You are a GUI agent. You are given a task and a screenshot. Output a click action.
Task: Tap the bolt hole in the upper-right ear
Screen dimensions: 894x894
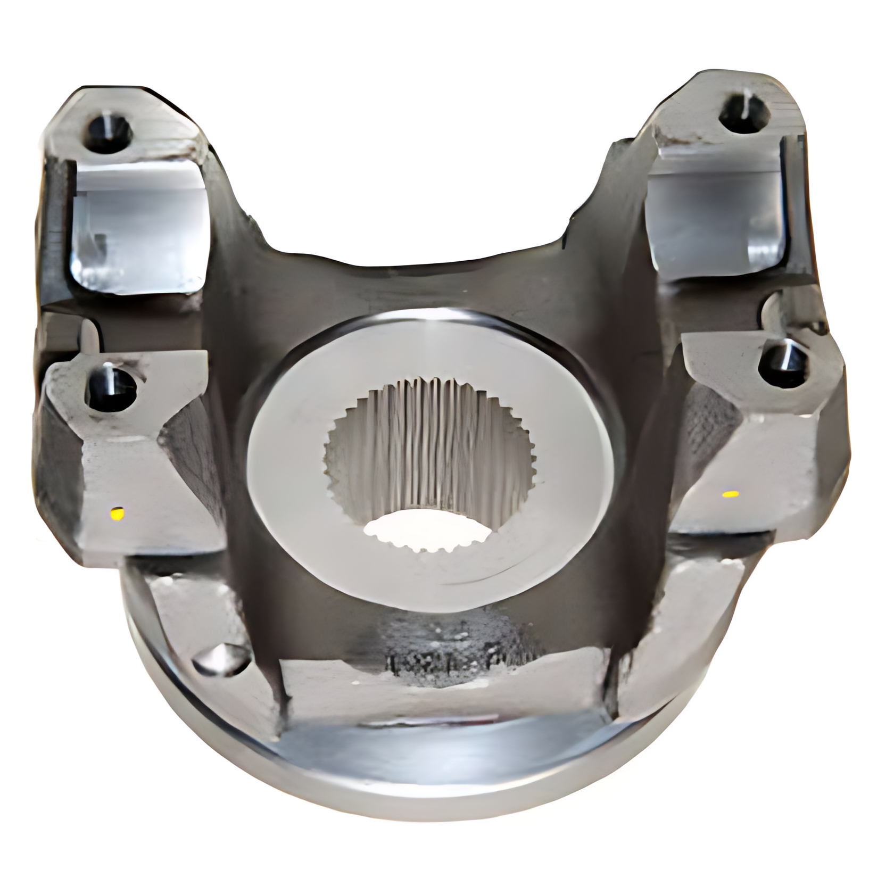point(744,112)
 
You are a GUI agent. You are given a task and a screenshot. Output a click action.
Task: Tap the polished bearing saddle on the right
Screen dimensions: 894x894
point(713,213)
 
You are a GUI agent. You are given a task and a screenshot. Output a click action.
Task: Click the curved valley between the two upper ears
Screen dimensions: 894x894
point(415,277)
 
